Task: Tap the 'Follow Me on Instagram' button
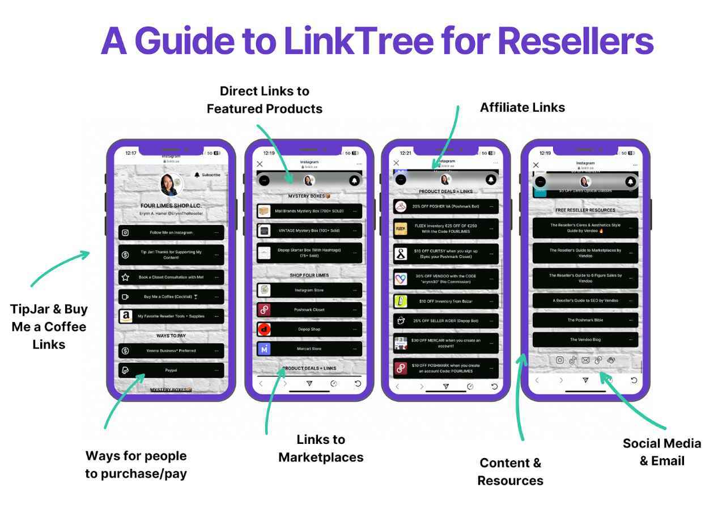(x=171, y=232)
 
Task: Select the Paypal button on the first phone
(x=171, y=370)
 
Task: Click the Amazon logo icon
(x=126, y=316)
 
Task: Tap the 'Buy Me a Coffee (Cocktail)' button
(x=171, y=296)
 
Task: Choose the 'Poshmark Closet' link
(x=309, y=310)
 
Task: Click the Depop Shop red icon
(x=264, y=329)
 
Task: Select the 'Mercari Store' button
(x=309, y=349)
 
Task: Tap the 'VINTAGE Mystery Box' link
(x=309, y=231)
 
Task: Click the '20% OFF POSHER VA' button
(x=446, y=206)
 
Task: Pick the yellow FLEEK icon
(x=401, y=228)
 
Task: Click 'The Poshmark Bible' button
(x=585, y=320)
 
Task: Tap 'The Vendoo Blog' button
(x=585, y=340)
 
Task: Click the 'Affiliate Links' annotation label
(x=522, y=107)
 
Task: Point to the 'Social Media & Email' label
(x=661, y=452)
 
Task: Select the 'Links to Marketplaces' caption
(x=321, y=448)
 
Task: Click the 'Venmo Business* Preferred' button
(x=171, y=350)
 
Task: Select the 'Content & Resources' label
(x=510, y=471)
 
